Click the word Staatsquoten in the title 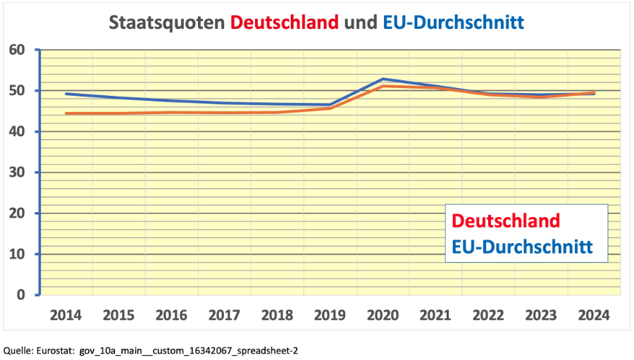pos(168,23)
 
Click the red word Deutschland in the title pos(285,23)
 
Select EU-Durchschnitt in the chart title pos(453,23)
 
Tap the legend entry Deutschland pos(506,221)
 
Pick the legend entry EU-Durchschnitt pos(521,247)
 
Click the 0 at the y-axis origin pos(21,295)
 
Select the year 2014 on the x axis pos(66,314)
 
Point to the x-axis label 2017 pos(225,314)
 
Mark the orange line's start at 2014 pos(66,113)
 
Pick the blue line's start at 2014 pos(66,94)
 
